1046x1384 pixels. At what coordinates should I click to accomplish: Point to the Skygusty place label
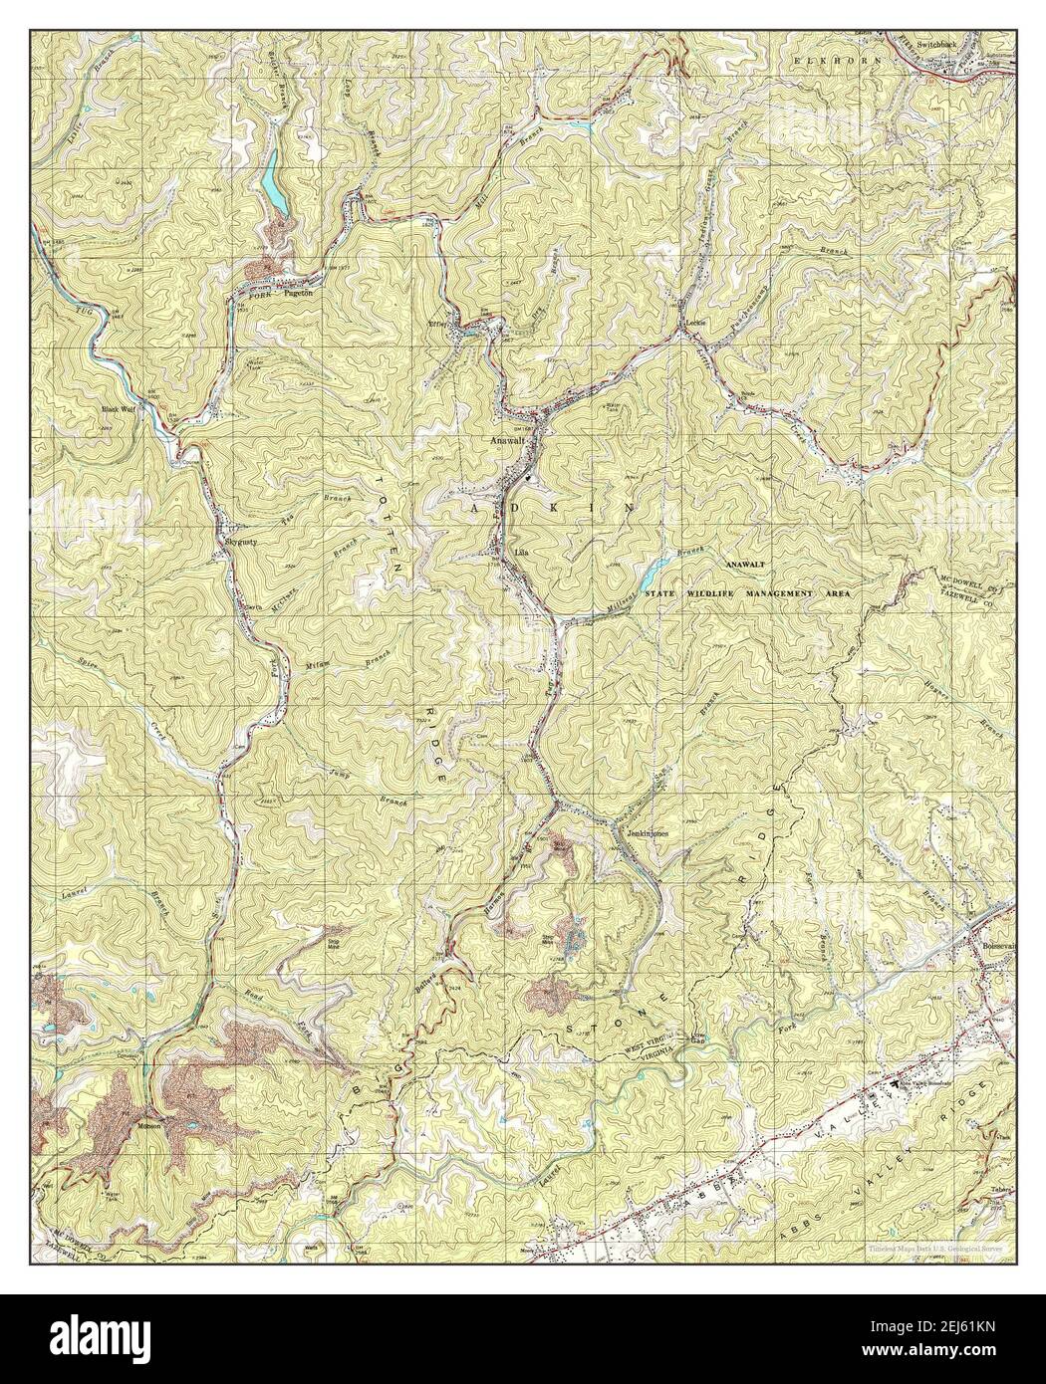point(242,542)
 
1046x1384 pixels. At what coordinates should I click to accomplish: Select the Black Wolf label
point(118,408)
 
